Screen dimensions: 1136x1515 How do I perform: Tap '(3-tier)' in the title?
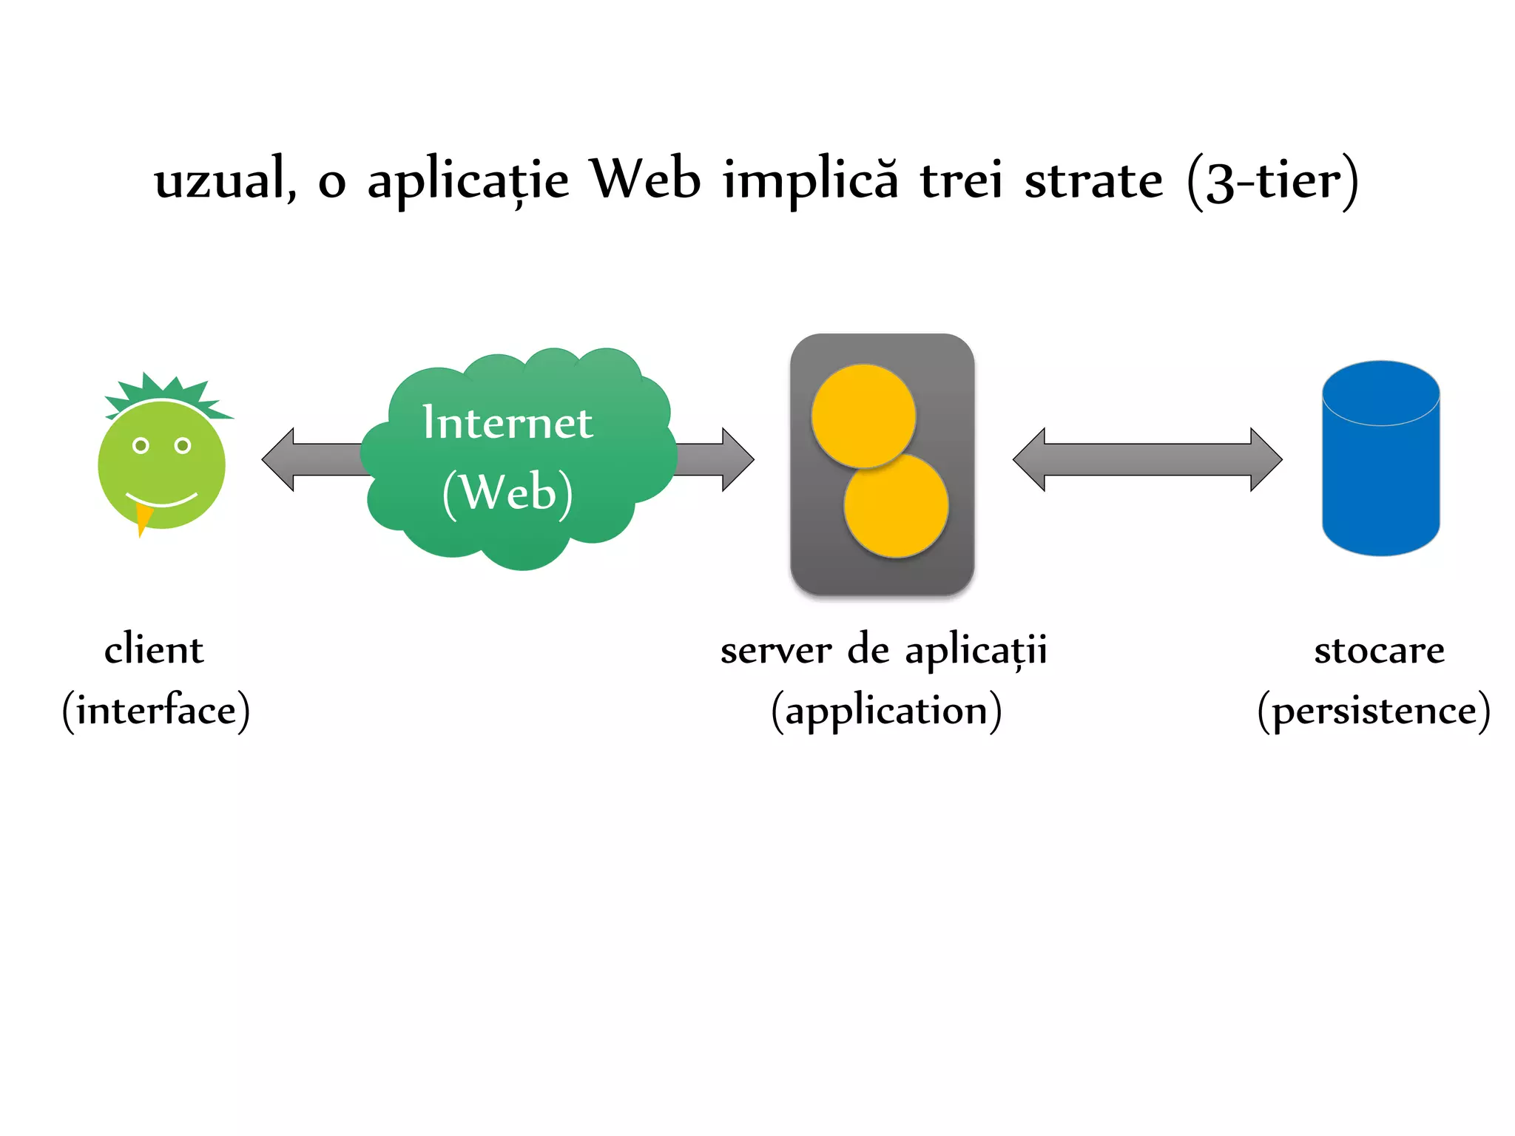pyautogui.click(x=1272, y=182)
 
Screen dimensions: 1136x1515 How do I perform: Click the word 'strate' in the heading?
pyautogui.click(x=1093, y=180)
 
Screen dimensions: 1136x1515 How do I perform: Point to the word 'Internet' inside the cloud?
pyautogui.click(x=507, y=422)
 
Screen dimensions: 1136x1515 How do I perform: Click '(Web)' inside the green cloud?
pyautogui.click(x=507, y=493)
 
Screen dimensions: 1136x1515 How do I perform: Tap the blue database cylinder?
pyautogui.click(x=1380, y=466)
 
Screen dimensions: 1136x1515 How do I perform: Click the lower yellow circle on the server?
pyautogui.click(x=897, y=506)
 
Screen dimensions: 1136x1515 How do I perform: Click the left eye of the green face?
pyautogui.click(x=141, y=445)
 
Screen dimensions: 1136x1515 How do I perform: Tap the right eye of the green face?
pyautogui.click(x=183, y=445)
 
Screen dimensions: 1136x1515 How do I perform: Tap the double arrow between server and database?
pyautogui.click(x=1147, y=459)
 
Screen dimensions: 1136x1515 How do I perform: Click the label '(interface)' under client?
pyautogui.click(x=156, y=711)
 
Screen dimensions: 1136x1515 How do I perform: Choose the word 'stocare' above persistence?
pyautogui.click(x=1379, y=651)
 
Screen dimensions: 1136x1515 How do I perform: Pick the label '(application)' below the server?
pyautogui.click(x=886, y=711)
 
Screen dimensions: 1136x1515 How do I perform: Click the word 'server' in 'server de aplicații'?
pyautogui.click(x=776, y=651)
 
